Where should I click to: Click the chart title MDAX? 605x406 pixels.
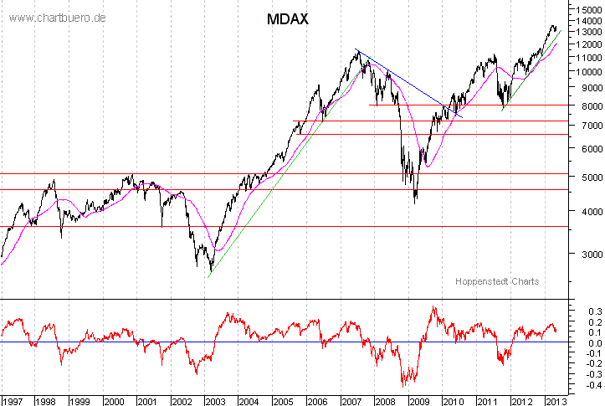tap(288, 19)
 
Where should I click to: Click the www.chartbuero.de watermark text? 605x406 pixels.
tap(58, 18)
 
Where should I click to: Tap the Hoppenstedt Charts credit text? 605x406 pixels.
tap(497, 281)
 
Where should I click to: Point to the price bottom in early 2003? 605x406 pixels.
tap(209, 271)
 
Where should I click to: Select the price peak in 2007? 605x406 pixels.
tap(357, 52)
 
